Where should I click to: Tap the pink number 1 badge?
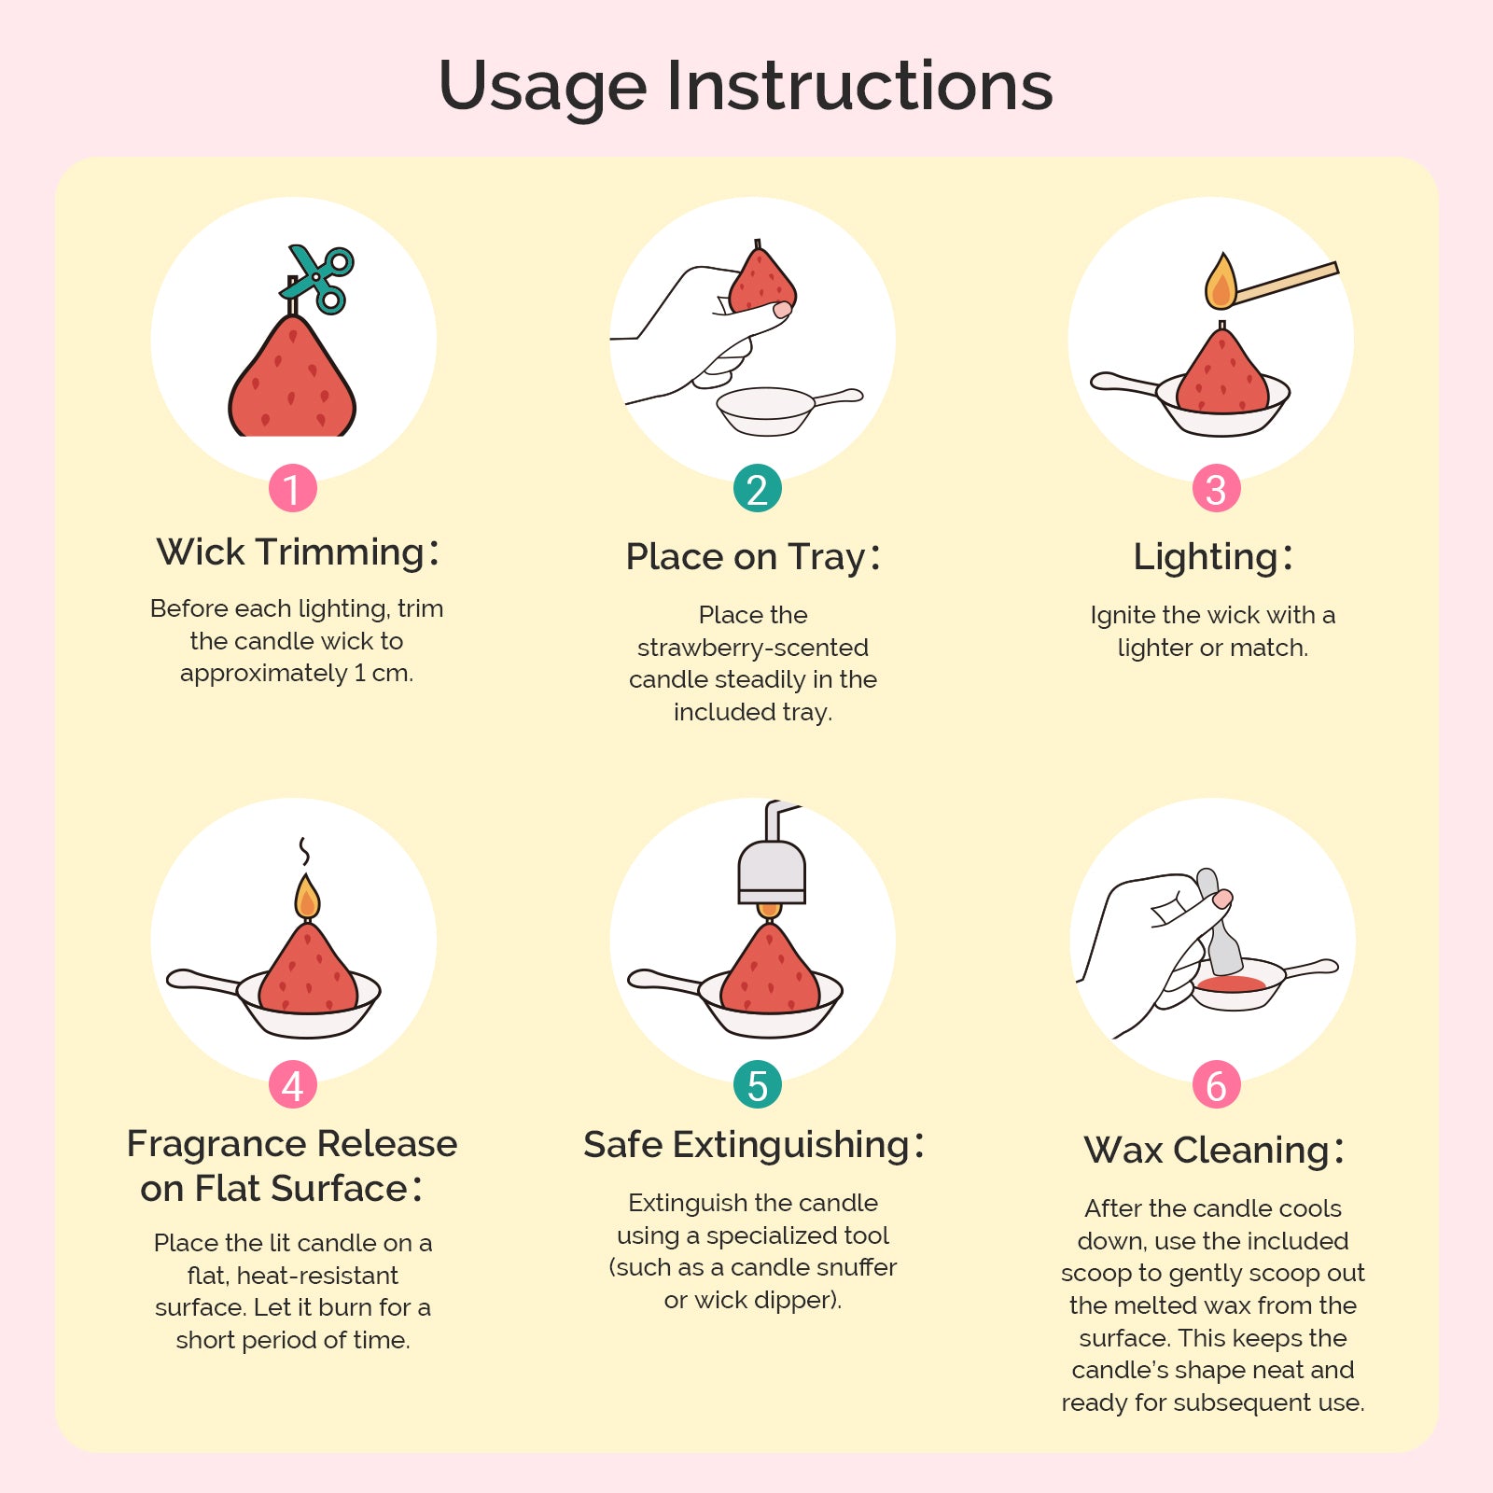[293, 488]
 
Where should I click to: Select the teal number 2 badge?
[757, 488]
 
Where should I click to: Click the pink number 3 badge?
[1216, 488]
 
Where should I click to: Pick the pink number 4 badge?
[293, 1084]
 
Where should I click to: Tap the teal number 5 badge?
[757, 1084]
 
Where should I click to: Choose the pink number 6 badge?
[1216, 1084]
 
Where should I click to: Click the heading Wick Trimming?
[298, 551]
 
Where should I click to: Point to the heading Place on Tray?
[753, 556]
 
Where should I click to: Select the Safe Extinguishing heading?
[754, 1145]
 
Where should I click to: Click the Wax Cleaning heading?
[1214, 1151]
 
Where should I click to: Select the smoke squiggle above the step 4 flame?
[303, 851]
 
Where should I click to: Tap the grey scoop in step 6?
[1218, 923]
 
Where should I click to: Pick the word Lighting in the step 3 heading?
[1206, 557]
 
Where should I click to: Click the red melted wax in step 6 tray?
[1232, 984]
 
